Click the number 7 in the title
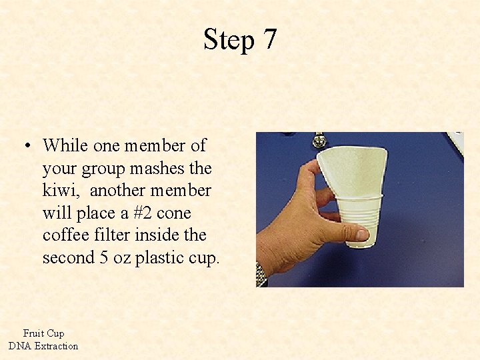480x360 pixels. point(269,40)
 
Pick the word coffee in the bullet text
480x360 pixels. point(65,235)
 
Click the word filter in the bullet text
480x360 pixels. point(113,235)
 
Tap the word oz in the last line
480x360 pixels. point(121,258)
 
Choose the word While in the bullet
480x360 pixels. point(65,145)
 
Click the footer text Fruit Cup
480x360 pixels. point(43,333)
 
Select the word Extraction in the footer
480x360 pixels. point(56,346)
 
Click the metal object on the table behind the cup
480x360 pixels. point(319,140)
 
